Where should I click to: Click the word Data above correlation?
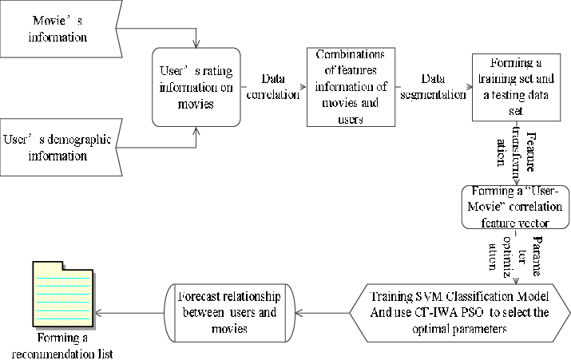tap(272, 80)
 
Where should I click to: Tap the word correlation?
tap(272, 94)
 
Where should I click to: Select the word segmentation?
tap(433, 94)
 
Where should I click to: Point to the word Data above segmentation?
tap(433, 80)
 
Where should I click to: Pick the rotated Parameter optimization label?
tap(517, 256)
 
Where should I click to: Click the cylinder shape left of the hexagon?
tap(230, 312)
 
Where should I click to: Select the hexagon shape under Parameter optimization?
tap(459, 312)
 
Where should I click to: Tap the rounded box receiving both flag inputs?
tap(196, 87)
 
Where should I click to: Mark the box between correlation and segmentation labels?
tap(351, 87)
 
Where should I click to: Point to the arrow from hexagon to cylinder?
tap(323, 312)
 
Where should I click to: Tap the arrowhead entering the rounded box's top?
tap(196, 45)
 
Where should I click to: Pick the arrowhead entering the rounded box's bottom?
tap(196, 129)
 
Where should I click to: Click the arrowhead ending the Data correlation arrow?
tap(303, 87)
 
